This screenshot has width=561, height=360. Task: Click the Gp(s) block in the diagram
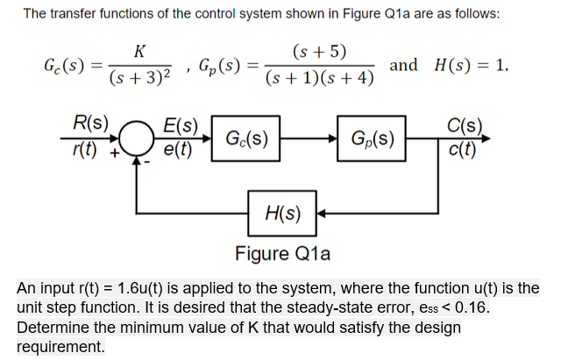(x=372, y=138)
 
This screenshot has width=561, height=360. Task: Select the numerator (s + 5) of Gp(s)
(x=321, y=51)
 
